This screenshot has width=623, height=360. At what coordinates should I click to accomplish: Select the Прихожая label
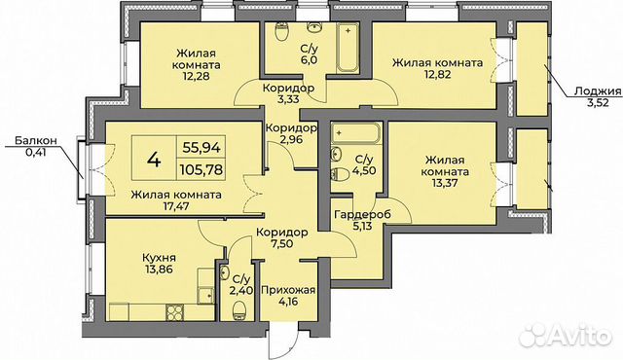pyautogui.click(x=281, y=290)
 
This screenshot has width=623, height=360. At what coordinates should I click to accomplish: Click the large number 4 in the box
pyautogui.click(x=154, y=157)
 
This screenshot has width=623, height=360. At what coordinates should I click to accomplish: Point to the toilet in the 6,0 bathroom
pyautogui.click(x=281, y=34)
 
